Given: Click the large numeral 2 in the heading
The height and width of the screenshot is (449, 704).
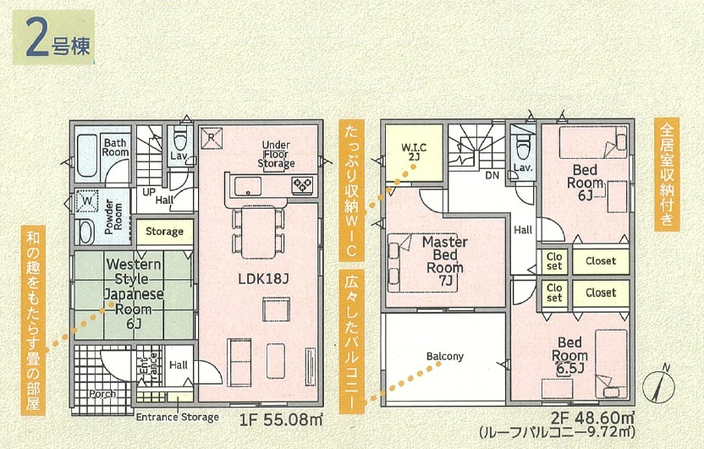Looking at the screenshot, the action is tap(37, 38).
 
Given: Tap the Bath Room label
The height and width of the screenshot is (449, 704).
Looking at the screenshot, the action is tap(115, 148).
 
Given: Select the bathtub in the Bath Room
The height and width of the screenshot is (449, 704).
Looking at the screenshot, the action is tap(86, 156).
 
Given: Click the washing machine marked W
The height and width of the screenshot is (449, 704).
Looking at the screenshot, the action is tap(88, 202).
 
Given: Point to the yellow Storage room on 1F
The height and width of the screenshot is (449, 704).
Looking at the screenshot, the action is tap(165, 232).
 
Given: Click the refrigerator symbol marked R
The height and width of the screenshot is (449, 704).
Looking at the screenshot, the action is tap(212, 138).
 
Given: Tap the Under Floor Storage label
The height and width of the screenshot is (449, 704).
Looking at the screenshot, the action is tap(276, 154).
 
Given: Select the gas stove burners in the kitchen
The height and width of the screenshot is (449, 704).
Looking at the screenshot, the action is tap(302, 184).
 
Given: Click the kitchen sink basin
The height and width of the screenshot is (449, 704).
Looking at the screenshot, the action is tap(248, 186).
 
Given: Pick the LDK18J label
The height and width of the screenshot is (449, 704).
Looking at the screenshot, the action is tap(263, 278).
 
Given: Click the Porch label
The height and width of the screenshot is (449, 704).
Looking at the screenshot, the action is tap(102, 394).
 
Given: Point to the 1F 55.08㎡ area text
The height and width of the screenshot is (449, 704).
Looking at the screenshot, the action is tap(281, 420).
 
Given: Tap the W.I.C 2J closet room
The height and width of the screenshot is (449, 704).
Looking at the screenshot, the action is tap(414, 152).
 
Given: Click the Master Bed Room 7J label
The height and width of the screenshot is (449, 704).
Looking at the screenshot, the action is tap(444, 261).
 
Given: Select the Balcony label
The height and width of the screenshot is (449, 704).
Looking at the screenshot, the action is tap(444, 357).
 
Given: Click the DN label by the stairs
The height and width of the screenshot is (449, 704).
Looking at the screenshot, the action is tap(492, 175).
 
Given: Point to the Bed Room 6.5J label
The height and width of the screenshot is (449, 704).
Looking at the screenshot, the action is tap(569, 356).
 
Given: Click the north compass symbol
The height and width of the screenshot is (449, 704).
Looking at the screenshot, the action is tap(658, 385).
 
